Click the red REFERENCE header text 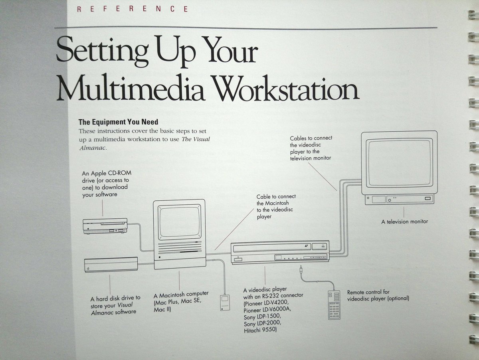133,9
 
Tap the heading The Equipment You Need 118,122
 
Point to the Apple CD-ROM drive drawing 105,226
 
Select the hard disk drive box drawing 111,265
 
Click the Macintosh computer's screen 179,222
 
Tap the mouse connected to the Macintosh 225,303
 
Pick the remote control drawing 334,305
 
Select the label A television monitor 404,222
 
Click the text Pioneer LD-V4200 267,303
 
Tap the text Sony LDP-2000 263,323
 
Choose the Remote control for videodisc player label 378,295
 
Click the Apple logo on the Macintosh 160,257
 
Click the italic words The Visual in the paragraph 196,139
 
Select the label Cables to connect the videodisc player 311,148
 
